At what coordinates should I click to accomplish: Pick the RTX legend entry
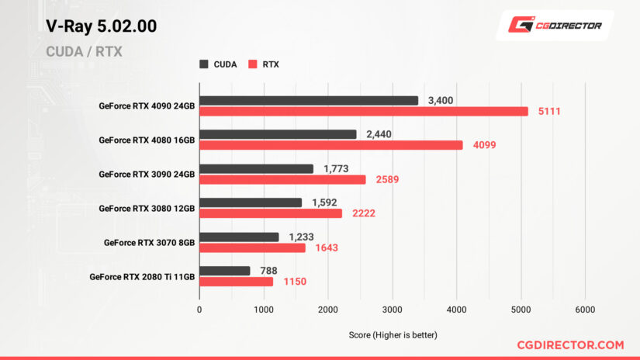point(264,64)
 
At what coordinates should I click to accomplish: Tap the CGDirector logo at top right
point(555,25)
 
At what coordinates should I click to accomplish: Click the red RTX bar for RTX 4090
point(363,111)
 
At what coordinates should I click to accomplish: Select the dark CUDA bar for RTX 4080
point(278,134)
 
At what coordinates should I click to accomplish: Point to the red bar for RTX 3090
point(282,179)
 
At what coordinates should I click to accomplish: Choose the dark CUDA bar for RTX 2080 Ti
point(225,271)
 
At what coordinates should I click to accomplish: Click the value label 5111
point(548,111)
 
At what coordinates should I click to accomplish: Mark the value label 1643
point(327,248)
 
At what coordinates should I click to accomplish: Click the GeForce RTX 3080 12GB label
point(147,208)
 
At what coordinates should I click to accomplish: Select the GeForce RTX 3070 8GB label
point(149,242)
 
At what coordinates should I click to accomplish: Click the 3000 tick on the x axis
point(393,309)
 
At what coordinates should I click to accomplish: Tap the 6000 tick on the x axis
point(585,309)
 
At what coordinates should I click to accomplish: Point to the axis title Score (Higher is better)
point(393,334)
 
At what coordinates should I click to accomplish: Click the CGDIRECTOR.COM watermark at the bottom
point(570,344)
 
